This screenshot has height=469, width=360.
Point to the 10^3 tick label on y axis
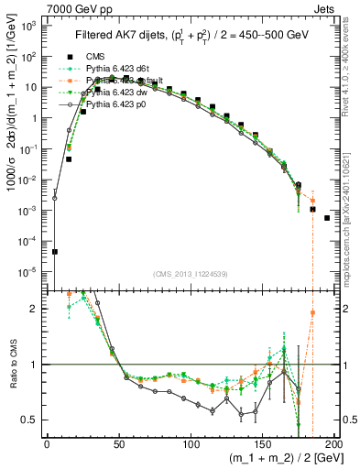pos(29,27)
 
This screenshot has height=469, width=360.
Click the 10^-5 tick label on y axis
pos(29,272)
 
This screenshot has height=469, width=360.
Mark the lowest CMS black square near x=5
pos(54,252)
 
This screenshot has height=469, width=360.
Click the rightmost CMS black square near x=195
pos(327,218)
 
